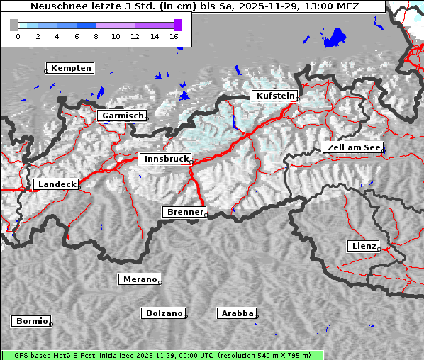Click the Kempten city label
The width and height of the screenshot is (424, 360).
tap(69, 68)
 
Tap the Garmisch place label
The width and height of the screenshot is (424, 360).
tap(122, 116)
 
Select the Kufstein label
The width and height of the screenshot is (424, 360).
tap(274, 96)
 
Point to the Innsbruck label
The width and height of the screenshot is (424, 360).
tap(165, 159)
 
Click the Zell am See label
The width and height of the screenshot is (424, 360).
tap(353, 147)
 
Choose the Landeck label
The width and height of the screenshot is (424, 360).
tap(55, 184)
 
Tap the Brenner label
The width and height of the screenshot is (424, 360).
tap(184, 212)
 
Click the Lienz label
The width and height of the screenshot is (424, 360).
tap(363, 246)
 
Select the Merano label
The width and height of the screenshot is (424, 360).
tap(139, 279)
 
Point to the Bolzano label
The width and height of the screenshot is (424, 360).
tap(164, 313)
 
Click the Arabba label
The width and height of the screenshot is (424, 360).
tap(236, 313)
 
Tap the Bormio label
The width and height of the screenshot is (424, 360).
tap(31, 321)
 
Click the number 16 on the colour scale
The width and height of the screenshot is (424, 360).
tap(174, 36)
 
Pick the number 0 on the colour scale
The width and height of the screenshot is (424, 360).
tap(18, 36)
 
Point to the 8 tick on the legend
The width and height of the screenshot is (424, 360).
tap(96, 36)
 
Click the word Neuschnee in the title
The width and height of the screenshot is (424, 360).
tap(53, 6)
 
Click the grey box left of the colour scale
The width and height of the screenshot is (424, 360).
tap(14, 25)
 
